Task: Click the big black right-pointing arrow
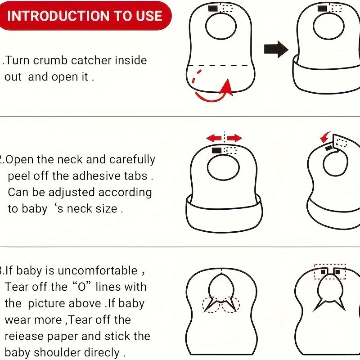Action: coord(275,49)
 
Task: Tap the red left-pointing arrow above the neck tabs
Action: coord(213,138)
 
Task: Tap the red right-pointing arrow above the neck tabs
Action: coord(235,138)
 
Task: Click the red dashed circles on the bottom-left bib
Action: coord(221,305)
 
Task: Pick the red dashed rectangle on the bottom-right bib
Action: coord(330,272)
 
